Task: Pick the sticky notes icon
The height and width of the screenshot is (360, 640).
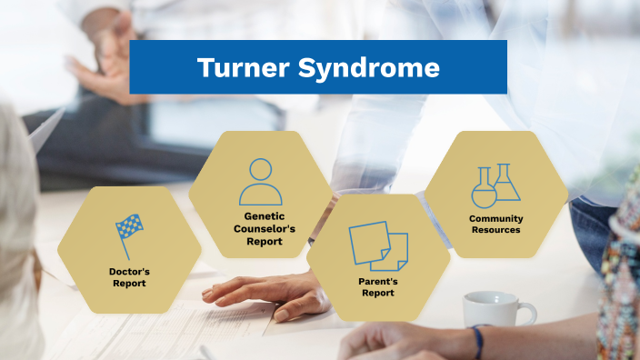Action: pos(378,245)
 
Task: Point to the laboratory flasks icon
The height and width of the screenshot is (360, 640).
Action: pos(495,185)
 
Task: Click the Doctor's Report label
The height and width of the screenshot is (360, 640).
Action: pos(129,276)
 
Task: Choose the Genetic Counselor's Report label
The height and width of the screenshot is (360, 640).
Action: pos(260,229)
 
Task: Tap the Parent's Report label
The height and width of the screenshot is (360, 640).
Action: pos(377,287)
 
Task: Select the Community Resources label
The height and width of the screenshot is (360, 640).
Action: pos(495,225)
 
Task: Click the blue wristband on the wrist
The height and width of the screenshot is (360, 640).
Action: pos(477,342)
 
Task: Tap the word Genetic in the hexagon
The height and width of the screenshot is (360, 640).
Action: pos(260,216)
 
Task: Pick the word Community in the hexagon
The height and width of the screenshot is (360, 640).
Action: pos(495,219)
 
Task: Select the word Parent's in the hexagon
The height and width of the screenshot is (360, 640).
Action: pos(377,282)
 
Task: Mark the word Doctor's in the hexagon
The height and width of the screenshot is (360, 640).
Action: pos(129,271)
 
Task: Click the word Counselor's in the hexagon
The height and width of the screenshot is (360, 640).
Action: pos(260,229)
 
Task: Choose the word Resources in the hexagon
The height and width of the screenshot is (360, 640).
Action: pos(495,231)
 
